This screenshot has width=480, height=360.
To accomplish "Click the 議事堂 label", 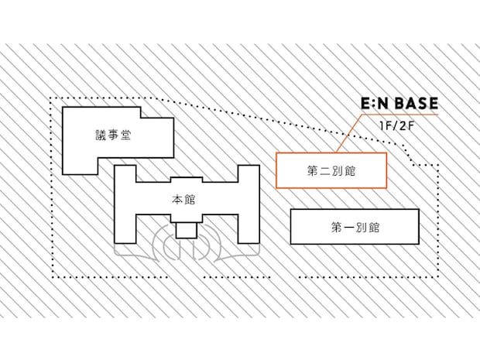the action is pyautogui.click(x=113, y=135).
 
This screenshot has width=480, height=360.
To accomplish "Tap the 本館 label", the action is pyautogui.click(x=183, y=200).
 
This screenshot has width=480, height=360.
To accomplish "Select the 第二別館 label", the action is pyautogui.click(x=331, y=171).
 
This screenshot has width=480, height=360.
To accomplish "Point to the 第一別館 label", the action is pyautogui.click(x=355, y=228).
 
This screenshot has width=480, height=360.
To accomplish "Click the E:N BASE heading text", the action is pyautogui.click(x=399, y=103).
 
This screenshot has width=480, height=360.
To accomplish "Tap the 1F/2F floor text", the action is pyautogui.click(x=396, y=126).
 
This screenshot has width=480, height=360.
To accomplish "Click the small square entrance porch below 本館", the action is pyautogui.click(x=186, y=231).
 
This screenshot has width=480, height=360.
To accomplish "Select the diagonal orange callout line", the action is pyautogui.click(x=349, y=133).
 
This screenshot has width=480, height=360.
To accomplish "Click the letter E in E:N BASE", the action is pyautogui.click(x=366, y=103).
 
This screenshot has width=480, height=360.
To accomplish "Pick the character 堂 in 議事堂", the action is pyautogui.click(x=125, y=135).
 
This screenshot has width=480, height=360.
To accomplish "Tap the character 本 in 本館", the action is pyautogui.click(x=177, y=200).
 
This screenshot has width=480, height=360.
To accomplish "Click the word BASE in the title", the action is pyautogui.click(x=416, y=103).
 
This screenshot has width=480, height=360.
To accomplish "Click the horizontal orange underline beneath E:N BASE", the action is pyautogui.click(x=400, y=115).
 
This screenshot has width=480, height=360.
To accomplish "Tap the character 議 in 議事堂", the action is pyautogui.click(x=101, y=135).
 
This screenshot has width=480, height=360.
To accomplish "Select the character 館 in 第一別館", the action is pyautogui.click(x=374, y=228).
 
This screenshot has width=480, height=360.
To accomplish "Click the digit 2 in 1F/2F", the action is pyautogui.click(x=401, y=126).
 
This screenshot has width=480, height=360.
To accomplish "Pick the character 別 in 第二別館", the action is pyautogui.click(x=338, y=171).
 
